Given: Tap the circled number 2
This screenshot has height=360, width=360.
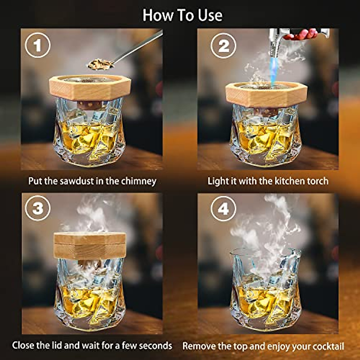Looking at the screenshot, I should tap(223, 46).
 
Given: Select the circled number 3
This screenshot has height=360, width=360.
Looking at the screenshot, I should tap(37, 208).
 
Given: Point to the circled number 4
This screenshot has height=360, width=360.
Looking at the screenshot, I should tap(223, 208).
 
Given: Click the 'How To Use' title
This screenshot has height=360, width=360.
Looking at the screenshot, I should tap(182, 15).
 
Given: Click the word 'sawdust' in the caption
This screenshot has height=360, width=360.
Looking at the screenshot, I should tap(77, 181).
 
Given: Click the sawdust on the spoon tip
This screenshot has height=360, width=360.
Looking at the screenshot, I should tap(99, 64).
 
